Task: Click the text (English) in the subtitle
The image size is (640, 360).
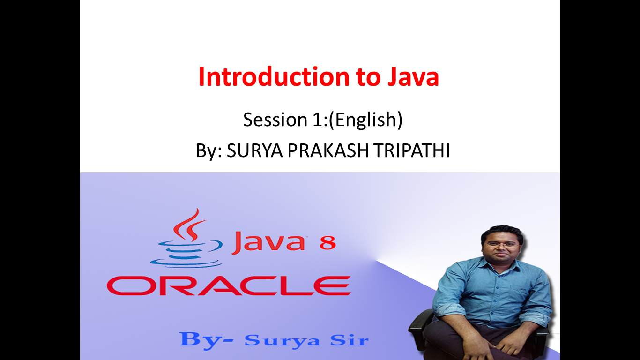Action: [365, 120]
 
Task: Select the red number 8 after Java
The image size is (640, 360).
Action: [327, 244]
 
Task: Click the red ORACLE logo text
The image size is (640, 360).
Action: [229, 285]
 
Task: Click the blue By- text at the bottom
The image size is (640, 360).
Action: [206, 339]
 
